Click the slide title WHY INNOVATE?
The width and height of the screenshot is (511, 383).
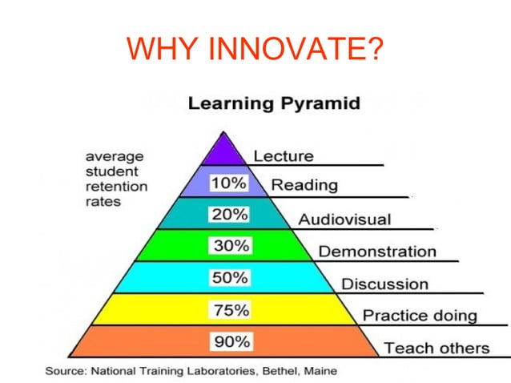point(255,50)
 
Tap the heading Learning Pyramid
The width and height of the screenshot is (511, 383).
point(262,103)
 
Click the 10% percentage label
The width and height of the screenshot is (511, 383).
point(229,183)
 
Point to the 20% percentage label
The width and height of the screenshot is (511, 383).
point(229,215)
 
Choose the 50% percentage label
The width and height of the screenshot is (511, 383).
point(230,278)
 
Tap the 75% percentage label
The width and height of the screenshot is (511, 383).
point(231,310)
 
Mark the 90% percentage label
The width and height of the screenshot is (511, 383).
point(231,342)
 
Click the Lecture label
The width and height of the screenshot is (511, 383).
point(284,155)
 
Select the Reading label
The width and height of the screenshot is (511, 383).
point(304,185)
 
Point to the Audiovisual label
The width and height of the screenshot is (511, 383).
point(344,219)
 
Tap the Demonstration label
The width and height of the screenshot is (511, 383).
point(377,251)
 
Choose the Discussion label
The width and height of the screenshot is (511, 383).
point(384,284)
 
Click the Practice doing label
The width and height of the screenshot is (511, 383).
point(420,315)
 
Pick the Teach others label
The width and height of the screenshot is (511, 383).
point(437,348)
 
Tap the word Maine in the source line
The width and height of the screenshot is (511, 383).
point(320,371)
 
